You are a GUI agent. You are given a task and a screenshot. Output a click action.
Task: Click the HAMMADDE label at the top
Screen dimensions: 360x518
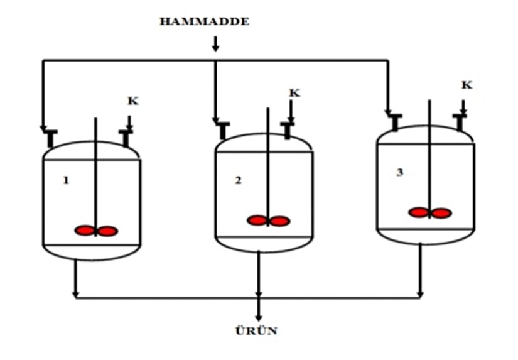tap(204, 22)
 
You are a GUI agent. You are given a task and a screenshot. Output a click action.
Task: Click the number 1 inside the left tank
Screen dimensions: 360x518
tap(65, 180)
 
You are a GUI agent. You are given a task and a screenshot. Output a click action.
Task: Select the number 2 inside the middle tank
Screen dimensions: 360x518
tap(238, 180)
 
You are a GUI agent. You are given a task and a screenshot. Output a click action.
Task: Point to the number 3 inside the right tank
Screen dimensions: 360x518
tap(399, 172)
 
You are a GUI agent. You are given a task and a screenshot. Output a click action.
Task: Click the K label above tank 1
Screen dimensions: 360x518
tap(132, 100)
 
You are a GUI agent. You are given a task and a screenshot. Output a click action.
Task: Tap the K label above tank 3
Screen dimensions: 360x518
tap(467, 85)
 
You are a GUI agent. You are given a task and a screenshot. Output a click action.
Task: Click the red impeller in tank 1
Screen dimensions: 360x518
tap(96, 231)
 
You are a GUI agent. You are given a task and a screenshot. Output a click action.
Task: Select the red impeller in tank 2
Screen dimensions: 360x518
tap(268, 221)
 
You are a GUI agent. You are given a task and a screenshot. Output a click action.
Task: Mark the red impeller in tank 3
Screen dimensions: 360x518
tap(429, 213)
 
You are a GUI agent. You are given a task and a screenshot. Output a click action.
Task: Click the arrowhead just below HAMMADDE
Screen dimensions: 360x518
tap(215, 48)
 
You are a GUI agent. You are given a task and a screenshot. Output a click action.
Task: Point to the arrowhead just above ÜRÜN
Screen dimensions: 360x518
tap(258, 317)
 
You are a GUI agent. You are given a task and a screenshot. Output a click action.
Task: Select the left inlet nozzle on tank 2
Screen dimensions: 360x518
tap(223, 130)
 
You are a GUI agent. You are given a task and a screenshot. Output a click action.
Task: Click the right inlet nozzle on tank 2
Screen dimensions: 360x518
tap(288, 130)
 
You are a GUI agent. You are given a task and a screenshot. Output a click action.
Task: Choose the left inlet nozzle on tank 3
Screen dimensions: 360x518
tap(394, 122)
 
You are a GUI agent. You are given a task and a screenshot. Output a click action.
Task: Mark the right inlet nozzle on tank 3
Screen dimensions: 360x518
tap(460, 122)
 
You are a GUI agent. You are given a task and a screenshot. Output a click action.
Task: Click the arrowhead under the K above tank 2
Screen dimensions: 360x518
tap(291, 119)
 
